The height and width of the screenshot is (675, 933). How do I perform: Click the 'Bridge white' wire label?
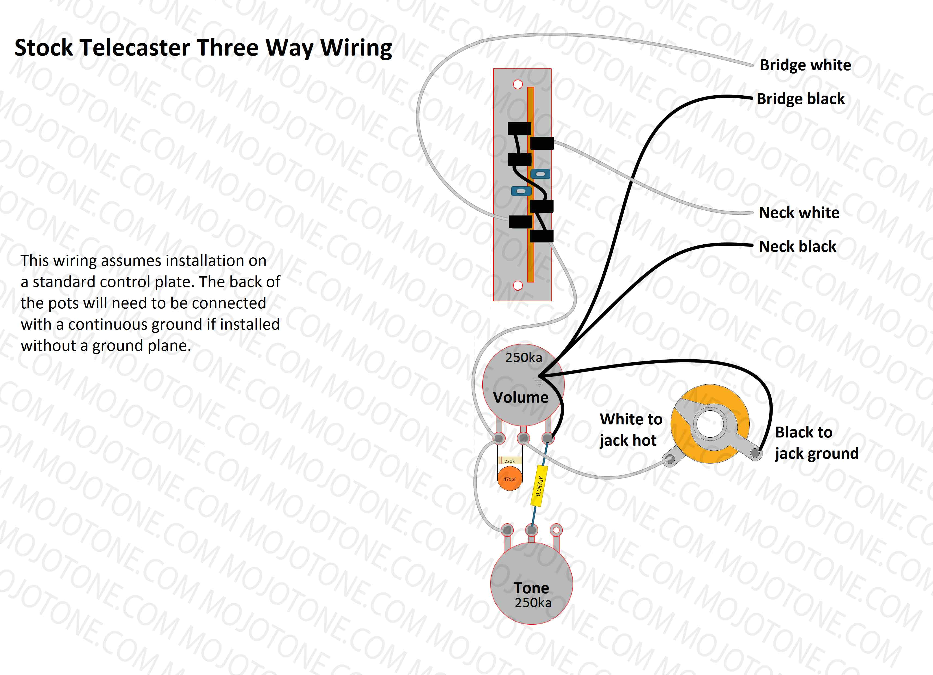click(805, 65)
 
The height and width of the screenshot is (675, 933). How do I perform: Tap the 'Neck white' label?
click(799, 213)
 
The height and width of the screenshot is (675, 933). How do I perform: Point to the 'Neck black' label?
click(797, 247)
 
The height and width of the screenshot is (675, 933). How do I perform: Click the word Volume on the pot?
click(521, 397)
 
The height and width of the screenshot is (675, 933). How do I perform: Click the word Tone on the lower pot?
click(531, 588)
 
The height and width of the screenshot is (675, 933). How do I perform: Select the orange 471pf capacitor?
click(509, 479)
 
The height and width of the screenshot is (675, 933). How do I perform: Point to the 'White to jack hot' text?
click(630, 430)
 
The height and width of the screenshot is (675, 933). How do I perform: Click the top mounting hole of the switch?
click(518, 84)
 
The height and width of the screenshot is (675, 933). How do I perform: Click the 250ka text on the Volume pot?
click(523, 357)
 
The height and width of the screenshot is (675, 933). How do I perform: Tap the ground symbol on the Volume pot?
click(538, 382)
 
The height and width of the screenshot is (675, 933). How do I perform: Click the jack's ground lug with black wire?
click(755, 453)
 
